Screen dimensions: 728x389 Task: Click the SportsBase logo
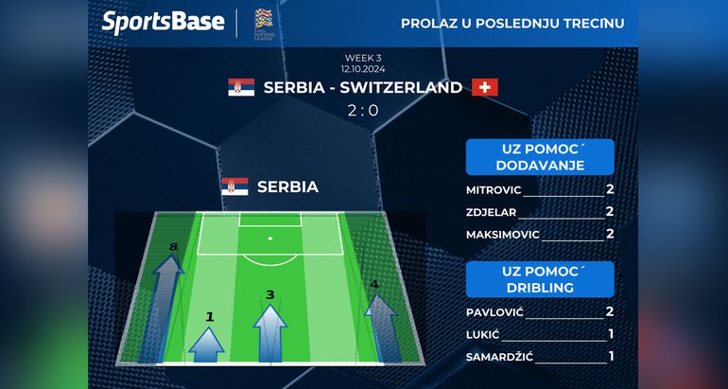pyautogui.click(x=163, y=23)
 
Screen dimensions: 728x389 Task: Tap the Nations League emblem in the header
pyautogui.click(x=264, y=24)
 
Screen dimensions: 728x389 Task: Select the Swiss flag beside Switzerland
pyautogui.click(x=485, y=87)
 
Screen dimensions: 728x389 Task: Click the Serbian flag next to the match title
pyautogui.click(x=241, y=87)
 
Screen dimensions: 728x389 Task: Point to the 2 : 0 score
pyautogui.click(x=364, y=111)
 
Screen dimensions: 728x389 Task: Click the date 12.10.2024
pyautogui.click(x=363, y=69)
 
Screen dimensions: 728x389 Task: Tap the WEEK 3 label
pyautogui.click(x=363, y=58)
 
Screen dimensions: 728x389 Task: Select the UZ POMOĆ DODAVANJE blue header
pyautogui.click(x=540, y=157)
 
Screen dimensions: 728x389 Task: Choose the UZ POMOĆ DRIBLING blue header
pyautogui.click(x=540, y=279)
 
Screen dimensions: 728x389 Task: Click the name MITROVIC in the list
pyautogui.click(x=494, y=190)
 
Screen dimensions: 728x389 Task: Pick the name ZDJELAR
pyautogui.click(x=492, y=212)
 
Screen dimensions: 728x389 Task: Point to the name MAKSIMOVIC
pyautogui.click(x=503, y=235)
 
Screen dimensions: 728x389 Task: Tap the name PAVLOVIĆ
pyautogui.click(x=494, y=312)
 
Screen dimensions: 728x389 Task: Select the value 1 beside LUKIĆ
pyautogui.click(x=611, y=334)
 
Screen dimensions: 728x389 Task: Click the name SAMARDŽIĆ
pyautogui.click(x=499, y=357)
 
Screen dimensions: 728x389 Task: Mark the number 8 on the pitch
pyautogui.click(x=173, y=247)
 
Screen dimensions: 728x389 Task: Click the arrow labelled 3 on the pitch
pyautogui.click(x=270, y=332)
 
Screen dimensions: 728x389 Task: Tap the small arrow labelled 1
pyautogui.click(x=207, y=345)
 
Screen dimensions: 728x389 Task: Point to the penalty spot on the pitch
pyautogui.click(x=270, y=239)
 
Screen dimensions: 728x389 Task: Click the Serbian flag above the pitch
pyautogui.click(x=234, y=186)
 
